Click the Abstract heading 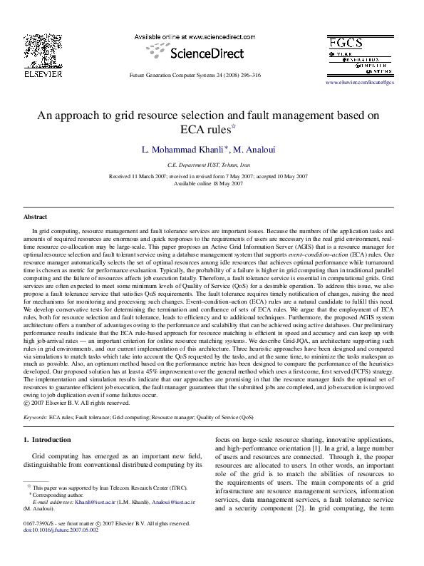[35, 215]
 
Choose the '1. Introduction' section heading [48, 440]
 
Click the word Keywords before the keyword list [35, 416]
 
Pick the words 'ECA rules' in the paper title [204, 130]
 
